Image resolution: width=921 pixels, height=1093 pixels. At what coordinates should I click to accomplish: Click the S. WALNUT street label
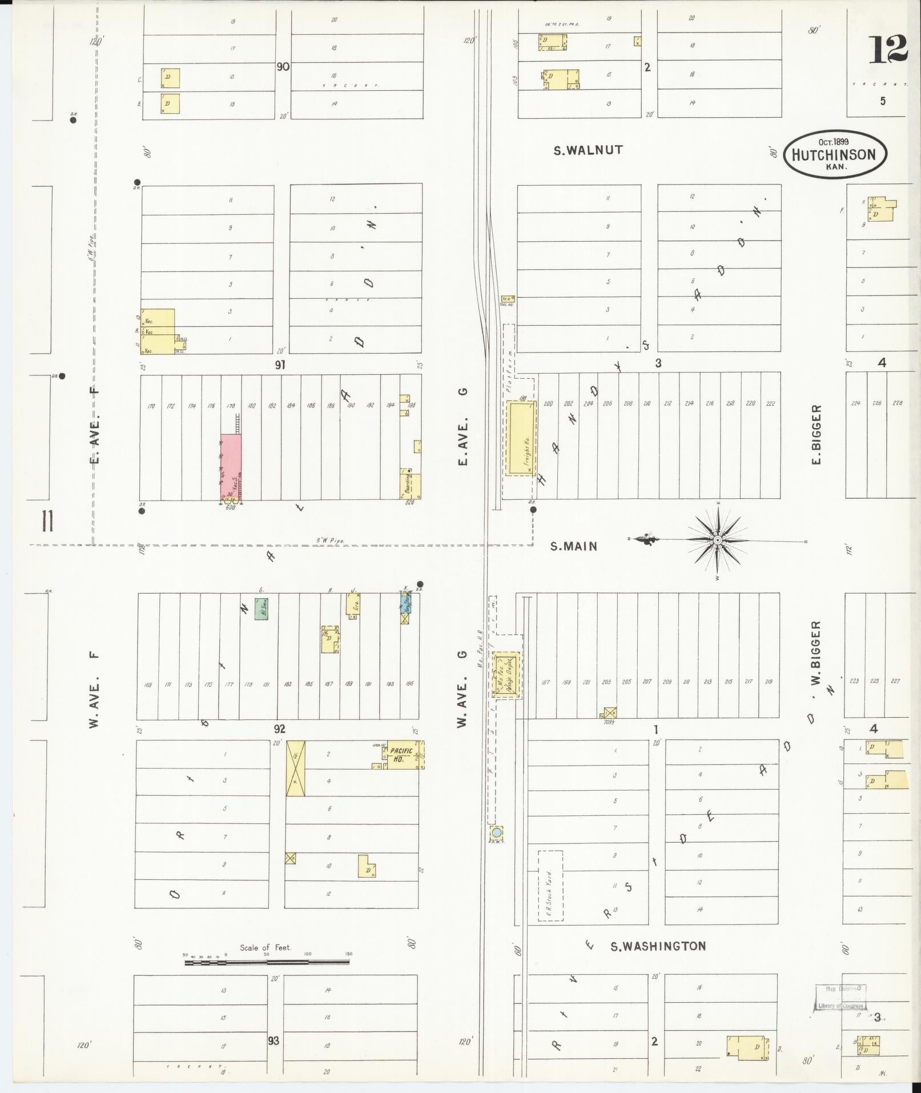(588, 150)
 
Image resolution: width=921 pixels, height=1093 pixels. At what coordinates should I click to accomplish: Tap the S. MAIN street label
(574, 546)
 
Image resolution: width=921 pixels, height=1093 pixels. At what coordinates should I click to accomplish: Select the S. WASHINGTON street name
(658, 946)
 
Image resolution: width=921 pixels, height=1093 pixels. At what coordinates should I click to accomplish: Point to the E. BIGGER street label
(817, 434)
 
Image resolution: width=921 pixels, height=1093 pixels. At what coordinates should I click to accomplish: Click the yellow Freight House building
(521, 437)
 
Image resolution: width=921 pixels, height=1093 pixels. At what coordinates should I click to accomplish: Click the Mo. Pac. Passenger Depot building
(506, 675)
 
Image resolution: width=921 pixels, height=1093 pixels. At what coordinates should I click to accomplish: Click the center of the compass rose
(718, 540)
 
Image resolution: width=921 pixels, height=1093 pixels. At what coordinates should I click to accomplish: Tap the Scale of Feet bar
(267, 962)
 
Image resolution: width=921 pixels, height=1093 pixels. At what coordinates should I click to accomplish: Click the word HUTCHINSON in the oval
(834, 155)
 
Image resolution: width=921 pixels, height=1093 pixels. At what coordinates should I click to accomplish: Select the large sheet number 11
(47, 521)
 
